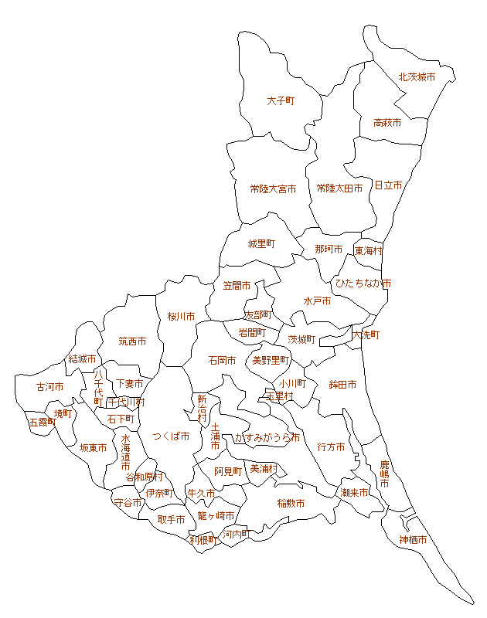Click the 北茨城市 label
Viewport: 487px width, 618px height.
point(417,77)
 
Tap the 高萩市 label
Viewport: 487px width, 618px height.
point(387,123)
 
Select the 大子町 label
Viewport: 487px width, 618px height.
point(281,101)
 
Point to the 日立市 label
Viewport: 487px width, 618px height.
point(388,185)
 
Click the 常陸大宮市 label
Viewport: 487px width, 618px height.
point(273,188)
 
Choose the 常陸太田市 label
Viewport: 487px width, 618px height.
point(339,188)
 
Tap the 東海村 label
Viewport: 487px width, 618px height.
point(369,251)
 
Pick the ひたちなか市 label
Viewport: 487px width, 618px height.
point(362,284)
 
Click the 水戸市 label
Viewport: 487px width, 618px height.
point(317,301)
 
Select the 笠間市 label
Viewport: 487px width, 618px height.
point(237,286)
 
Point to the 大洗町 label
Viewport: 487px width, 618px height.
point(366,335)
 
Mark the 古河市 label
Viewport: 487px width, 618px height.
point(50,387)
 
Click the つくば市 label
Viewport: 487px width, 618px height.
point(171,436)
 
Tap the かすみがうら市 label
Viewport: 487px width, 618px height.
point(267,437)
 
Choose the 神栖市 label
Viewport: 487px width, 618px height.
point(414,540)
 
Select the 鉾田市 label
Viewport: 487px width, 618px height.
point(342,385)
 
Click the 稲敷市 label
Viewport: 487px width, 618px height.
point(291,504)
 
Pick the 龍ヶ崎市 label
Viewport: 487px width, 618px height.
point(216,515)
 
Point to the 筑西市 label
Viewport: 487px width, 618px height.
point(132,341)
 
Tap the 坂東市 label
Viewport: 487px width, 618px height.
point(93,448)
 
